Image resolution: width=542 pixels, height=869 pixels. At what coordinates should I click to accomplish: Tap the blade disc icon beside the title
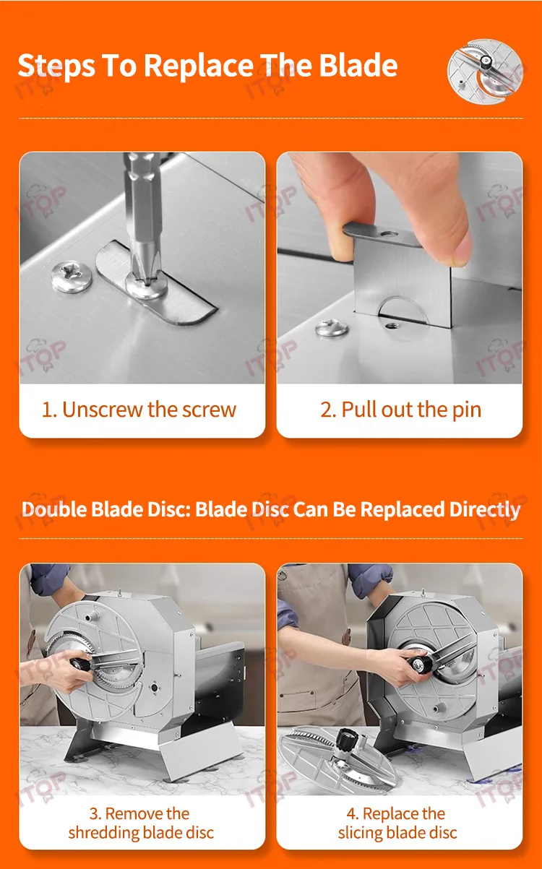[x=485, y=70]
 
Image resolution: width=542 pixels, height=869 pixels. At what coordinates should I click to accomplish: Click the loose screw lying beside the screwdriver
[x=72, y=276]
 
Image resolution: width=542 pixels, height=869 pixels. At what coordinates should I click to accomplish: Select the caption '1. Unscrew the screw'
[x=139, y=410]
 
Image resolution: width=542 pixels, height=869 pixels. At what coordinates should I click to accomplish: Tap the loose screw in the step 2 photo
[x=332, y=327]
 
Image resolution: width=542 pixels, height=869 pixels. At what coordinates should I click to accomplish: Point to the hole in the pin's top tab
[x=389, y=234]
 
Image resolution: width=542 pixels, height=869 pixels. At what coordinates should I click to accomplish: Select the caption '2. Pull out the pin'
[x=401, y=410]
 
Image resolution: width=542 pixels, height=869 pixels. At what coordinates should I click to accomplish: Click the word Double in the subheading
[x=54, y=509]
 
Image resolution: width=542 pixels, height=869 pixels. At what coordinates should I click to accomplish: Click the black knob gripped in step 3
[x=80, y=664]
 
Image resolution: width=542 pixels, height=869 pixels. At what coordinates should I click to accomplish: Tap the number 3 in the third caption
[x=93, y=813]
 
